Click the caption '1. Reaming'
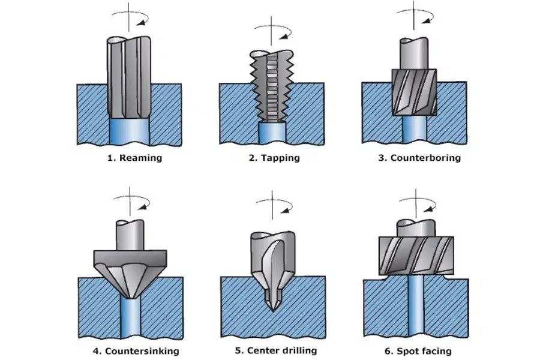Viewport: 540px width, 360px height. (130, 158)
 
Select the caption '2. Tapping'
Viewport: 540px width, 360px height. (272, 158)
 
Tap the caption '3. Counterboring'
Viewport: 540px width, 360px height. (416, 158)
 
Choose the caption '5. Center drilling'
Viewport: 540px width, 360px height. (273, 350)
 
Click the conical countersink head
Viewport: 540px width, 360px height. (130, 267)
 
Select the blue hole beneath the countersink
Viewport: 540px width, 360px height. (130, 318)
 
